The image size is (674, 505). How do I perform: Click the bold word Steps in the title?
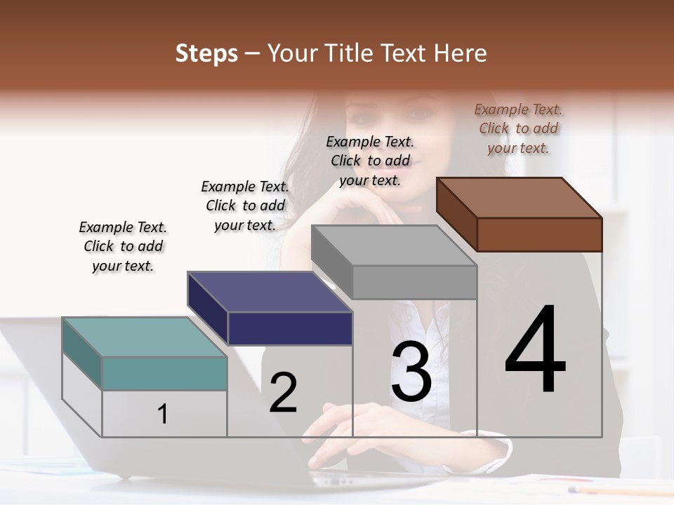(x=206, y=53)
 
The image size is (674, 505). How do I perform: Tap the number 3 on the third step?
(x=411, y=372)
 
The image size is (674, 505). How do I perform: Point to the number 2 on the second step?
(x=283, y=393)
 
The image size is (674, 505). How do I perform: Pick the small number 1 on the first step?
(x=163, y=414)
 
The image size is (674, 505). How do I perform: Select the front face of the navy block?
(x=290, y=328)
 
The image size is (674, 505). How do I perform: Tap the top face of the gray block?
(x=393, y=245)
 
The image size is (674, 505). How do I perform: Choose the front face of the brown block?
(x=539, y=234)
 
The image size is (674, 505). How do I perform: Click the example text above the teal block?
(x=123, y=246)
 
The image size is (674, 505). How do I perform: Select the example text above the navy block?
(x=245, y=206)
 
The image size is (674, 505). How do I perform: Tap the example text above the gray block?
(x=370, y=161)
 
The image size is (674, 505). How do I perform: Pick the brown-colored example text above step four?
(x=518, y=128)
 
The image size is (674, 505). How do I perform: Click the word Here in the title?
(x=460, y=53)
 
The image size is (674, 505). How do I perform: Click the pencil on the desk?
(x=618, y=491)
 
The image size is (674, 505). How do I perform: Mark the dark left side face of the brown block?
(x=456, y=214)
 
